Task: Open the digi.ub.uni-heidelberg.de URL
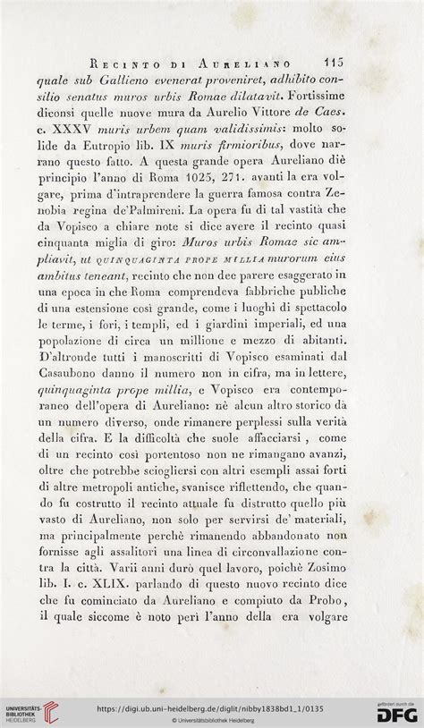pos(211,707)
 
